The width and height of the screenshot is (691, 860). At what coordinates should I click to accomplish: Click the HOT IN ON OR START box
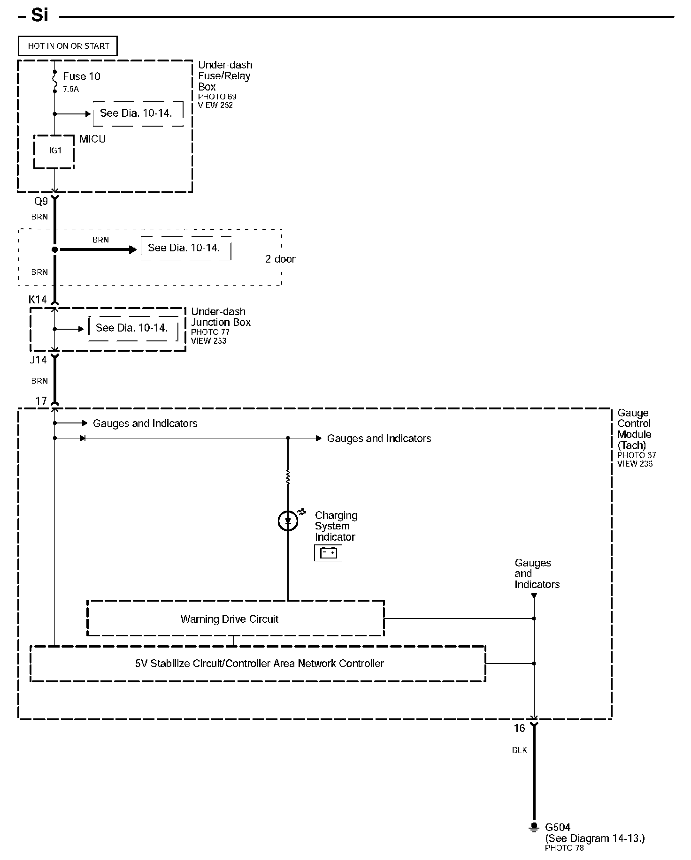(68, 46)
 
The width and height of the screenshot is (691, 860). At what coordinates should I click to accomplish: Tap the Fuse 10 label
(81, 76)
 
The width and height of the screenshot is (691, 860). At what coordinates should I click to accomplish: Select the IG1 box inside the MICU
(54, 151)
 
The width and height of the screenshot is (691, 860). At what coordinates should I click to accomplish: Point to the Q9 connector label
(41, 202)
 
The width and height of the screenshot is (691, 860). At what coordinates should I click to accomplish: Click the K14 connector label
(38, 300)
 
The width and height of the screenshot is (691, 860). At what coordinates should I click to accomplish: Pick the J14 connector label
(38, 360)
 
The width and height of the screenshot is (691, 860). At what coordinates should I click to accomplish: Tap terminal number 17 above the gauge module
(41, 401)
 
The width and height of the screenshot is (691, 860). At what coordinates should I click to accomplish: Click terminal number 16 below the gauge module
(519, 728)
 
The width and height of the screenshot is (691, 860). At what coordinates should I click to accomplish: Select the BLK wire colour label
(519, 750)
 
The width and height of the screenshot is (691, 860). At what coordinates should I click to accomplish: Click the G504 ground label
(558, 828)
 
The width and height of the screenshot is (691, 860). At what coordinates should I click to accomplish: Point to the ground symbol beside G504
(533, 827)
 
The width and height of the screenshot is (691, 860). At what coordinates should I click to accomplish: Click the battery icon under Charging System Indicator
(328, 553)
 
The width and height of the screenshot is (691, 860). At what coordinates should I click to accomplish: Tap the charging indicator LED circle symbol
(288, 521)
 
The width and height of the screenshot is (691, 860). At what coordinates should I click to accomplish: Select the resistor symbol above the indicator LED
(288, 477)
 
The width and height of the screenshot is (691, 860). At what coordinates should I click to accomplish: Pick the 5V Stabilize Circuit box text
(259, 664)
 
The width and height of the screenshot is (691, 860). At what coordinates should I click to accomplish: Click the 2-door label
(280, 259)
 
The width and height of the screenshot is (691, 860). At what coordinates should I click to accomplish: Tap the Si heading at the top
(39, 15)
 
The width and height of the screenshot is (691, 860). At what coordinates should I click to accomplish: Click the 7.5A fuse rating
(71, 89)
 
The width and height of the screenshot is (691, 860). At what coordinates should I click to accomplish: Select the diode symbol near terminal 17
(83, 438)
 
